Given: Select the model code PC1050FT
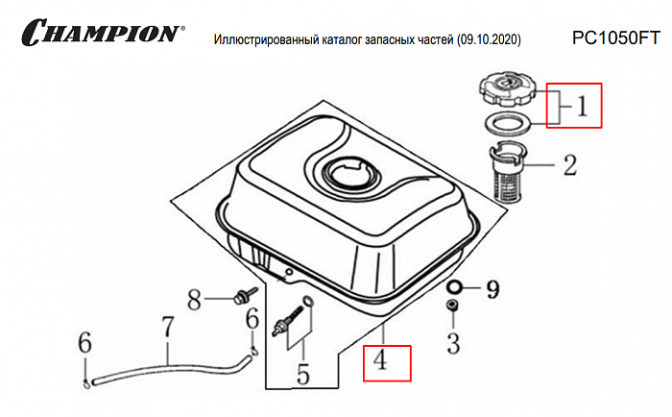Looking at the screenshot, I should click(614, 38).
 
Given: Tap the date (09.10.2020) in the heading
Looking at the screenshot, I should click(488, 40).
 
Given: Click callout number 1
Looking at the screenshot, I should click(582, 106).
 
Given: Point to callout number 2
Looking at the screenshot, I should click(569, 165).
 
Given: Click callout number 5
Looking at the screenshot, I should click(303, 371).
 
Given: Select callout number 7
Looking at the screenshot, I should click(167, 327).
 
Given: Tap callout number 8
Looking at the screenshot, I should click(194, 300).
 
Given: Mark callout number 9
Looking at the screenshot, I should click(493, 286).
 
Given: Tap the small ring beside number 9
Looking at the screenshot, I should click(454, 286).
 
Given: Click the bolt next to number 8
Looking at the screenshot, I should click(242, 294).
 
